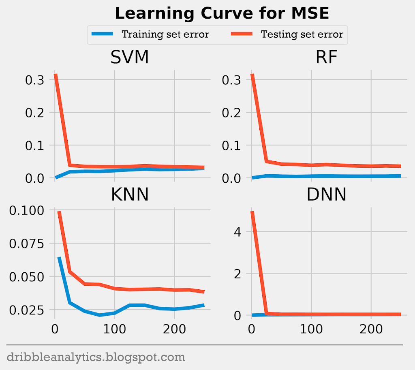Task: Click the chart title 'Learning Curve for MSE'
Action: tap(222, 13)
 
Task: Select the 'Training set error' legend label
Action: tap(165, 34)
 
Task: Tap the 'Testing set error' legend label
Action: tap(302, 34)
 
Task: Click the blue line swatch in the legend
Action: tap(105, 34)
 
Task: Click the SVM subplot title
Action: tap(130, 58)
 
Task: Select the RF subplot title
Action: tap(326, 58)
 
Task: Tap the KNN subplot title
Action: tap(130, 195)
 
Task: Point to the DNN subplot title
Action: tap(326, 195)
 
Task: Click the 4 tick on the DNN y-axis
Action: tap(238, 232)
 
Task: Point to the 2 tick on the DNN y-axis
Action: tap(238, 274)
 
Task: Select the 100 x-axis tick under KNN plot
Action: tap(115, 328)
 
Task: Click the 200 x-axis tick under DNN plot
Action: tap(371, 328)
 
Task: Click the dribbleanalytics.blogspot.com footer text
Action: tap(96, 357)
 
